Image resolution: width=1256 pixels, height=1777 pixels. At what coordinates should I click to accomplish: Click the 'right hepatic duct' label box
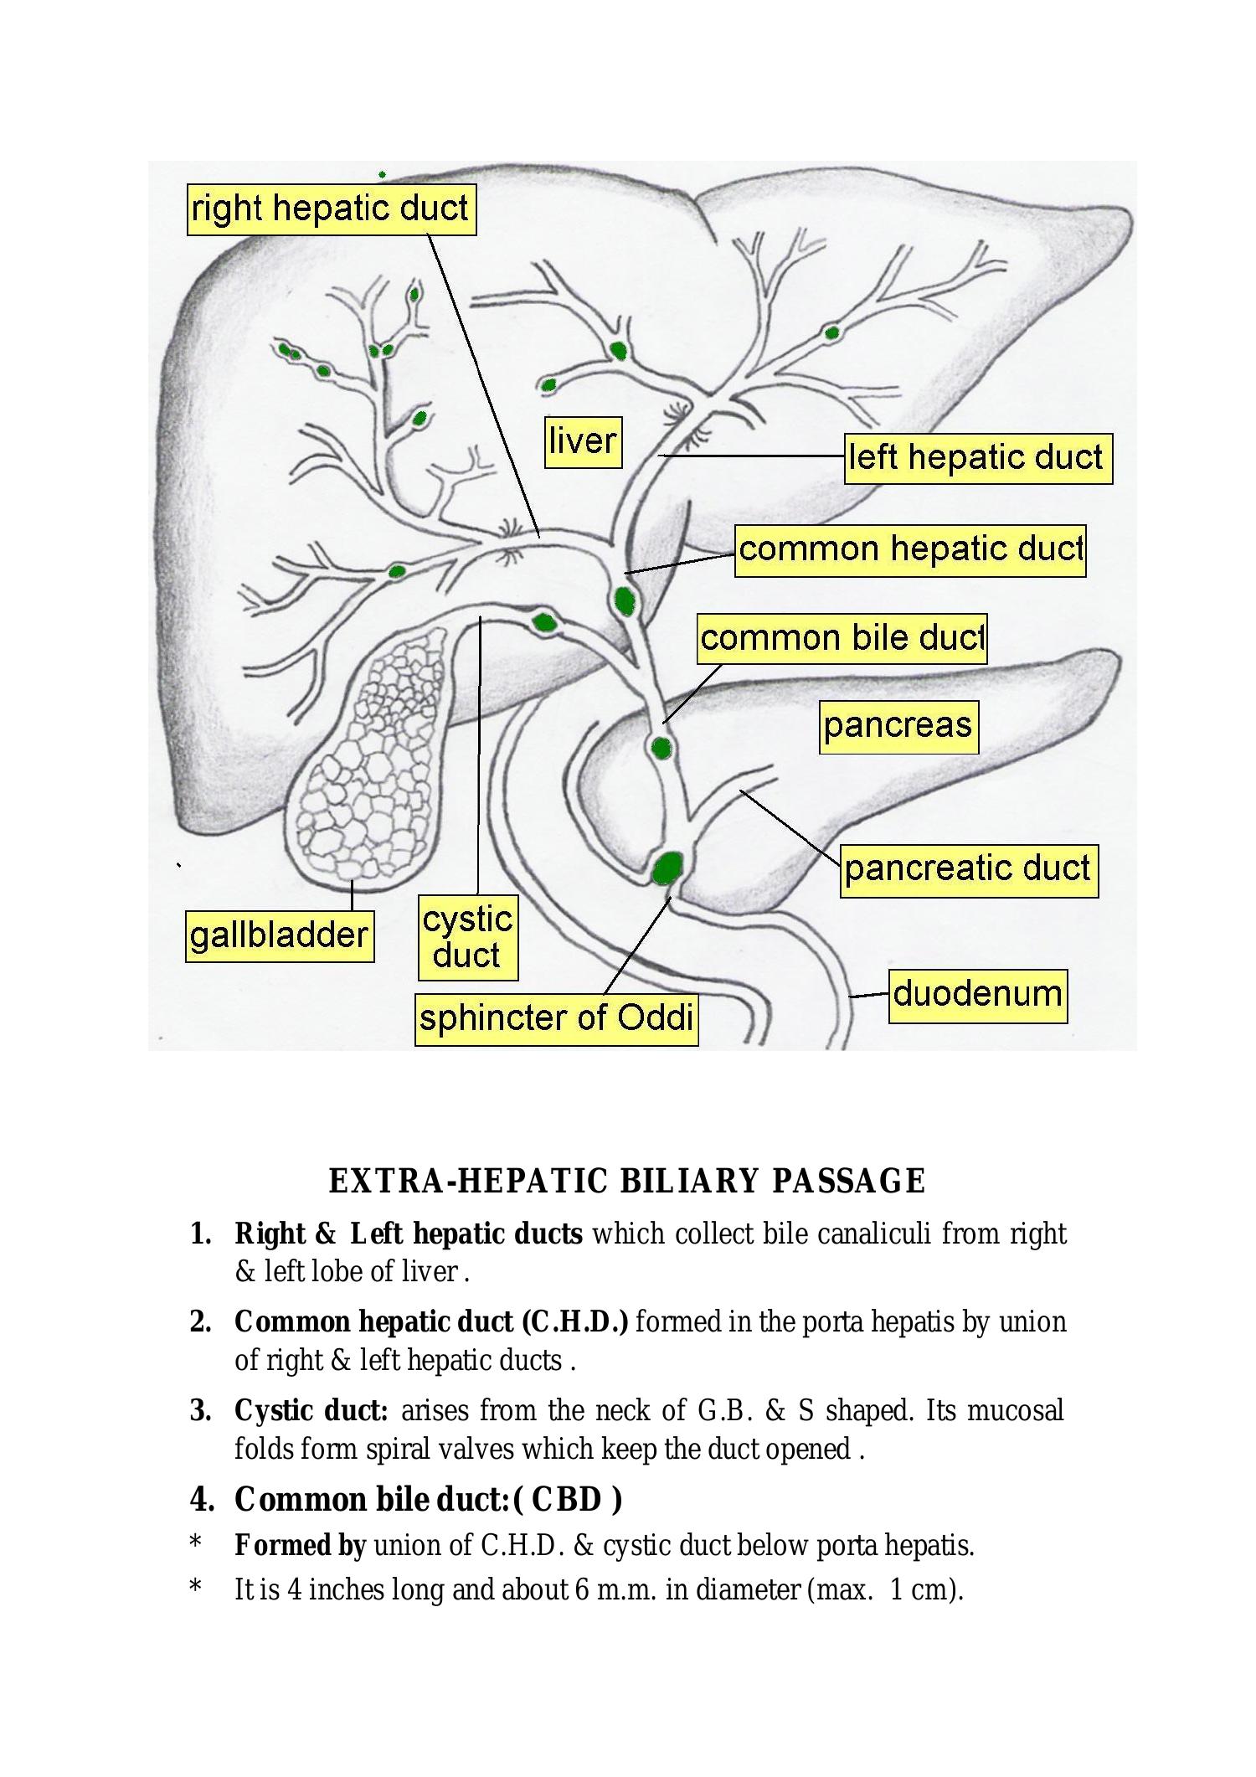331,209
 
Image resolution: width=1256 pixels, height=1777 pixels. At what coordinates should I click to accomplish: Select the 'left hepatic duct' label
977,458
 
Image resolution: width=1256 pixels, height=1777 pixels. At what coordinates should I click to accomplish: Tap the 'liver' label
583,440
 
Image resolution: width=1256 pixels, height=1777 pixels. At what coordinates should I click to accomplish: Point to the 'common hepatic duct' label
910,550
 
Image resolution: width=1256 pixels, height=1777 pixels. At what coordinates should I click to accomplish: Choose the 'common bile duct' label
842,638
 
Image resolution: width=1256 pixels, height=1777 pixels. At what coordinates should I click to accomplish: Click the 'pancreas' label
898,726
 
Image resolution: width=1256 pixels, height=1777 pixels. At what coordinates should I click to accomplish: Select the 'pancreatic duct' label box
968,869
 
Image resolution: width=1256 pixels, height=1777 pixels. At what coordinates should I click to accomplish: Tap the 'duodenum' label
977,995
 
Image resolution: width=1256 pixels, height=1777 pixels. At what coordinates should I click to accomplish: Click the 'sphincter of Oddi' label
556,1019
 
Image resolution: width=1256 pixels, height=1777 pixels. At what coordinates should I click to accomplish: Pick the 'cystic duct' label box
467,937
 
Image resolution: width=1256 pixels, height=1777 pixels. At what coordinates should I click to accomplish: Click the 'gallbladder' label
279,936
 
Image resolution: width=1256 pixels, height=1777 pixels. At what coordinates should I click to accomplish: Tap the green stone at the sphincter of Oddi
667,868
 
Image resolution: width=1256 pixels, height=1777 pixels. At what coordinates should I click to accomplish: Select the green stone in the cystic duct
544,622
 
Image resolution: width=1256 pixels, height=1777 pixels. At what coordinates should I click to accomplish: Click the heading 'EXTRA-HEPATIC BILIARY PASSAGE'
626,1181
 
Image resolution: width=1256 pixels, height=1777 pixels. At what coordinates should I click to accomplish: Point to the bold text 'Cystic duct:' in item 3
311,1410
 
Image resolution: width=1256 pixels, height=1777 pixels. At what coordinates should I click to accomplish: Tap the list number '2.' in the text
200,1322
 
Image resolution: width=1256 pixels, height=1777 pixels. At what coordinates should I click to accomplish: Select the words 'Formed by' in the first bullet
300,1545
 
